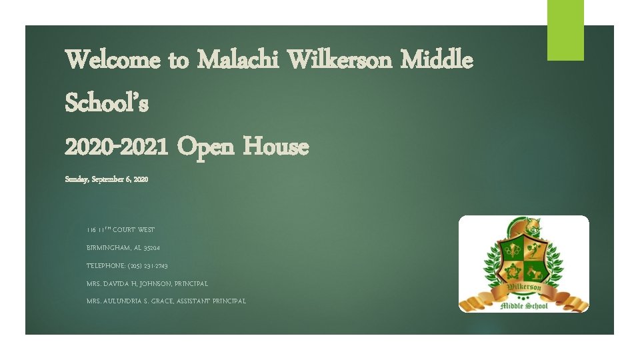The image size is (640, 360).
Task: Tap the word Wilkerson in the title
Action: coord(341,61)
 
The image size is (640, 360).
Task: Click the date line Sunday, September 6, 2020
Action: coord(107,179)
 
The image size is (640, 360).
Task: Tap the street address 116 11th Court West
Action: coord(120,230)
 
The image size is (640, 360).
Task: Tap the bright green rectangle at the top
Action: coord(565,30)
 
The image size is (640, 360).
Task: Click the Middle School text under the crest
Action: coord(524,305)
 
